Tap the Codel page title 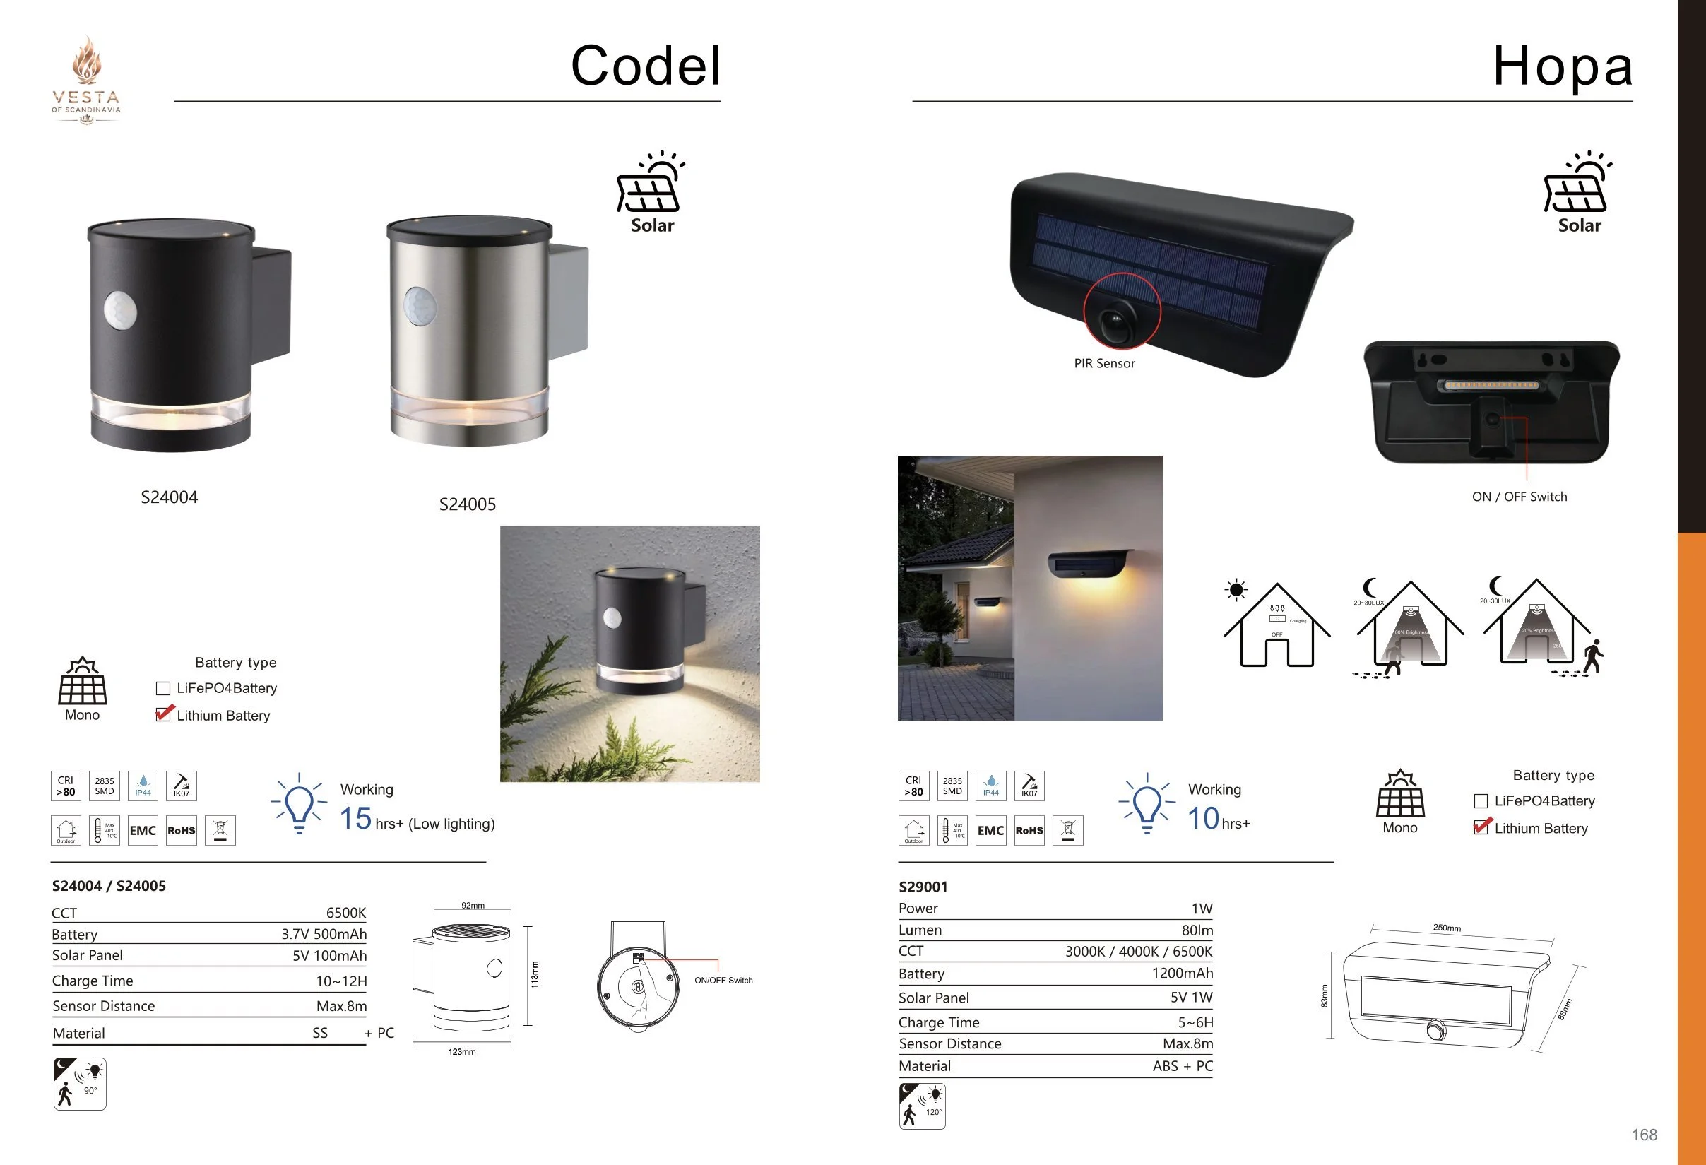645,66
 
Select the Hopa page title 1562,66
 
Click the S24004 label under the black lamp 169,497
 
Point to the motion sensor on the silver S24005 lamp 420,305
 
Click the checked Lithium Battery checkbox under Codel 164,714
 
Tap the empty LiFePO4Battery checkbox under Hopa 1481,801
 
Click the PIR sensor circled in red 1116,320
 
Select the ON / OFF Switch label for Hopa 1519,497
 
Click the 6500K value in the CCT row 345,913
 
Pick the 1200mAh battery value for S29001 1182,974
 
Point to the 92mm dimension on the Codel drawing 473,905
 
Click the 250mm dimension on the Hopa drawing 1446,928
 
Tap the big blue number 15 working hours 356,819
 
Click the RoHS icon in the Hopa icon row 1029,830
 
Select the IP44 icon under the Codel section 143,786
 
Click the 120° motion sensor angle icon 922,1106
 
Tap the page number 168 1644,1135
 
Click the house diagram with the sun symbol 1276,625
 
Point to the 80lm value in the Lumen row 1197,930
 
